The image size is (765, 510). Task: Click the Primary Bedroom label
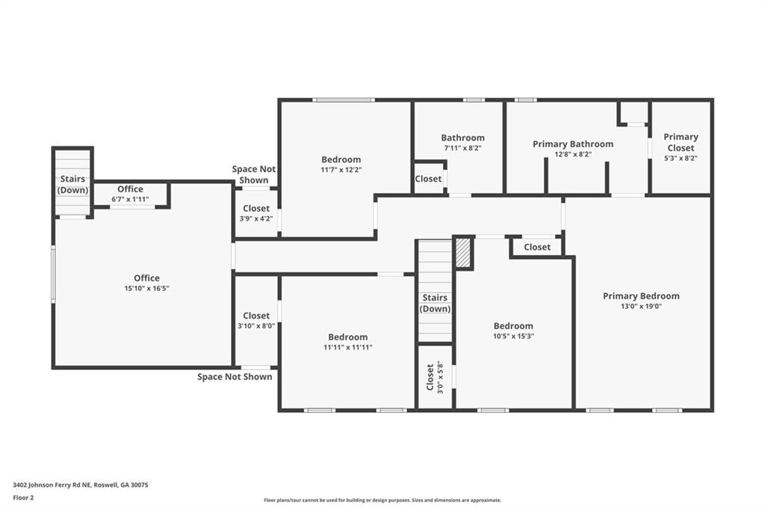[x=641, y=296]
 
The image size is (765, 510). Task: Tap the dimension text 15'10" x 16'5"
[x=147, y=289]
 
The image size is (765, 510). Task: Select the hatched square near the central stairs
[x=464, y=253]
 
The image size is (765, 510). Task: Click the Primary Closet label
[x=681, y=142]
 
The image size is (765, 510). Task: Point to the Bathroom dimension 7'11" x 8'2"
[x=462, y=148]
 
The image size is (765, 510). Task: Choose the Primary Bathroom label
[x=573, y=144]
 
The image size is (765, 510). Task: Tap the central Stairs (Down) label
[x=435, y=303]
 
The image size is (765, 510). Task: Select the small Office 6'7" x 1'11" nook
[x=130, y=194]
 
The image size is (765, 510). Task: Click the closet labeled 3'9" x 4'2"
[x=256, y=214]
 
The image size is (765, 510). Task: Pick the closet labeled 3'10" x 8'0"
[x=256, y=321]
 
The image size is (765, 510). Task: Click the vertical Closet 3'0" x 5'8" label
[x=434, y=378]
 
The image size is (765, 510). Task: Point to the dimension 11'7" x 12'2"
[x=341, y=170]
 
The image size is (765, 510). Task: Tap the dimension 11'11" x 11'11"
[x=347, y=347]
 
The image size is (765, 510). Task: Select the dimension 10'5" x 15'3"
[x=513, y=336]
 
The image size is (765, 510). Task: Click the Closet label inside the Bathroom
[x=428, y=179]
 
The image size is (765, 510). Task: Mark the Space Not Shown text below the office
[x=235, y=377]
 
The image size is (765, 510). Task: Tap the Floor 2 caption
[x=23, y=497]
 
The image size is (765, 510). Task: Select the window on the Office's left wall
[x=52, y=274]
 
